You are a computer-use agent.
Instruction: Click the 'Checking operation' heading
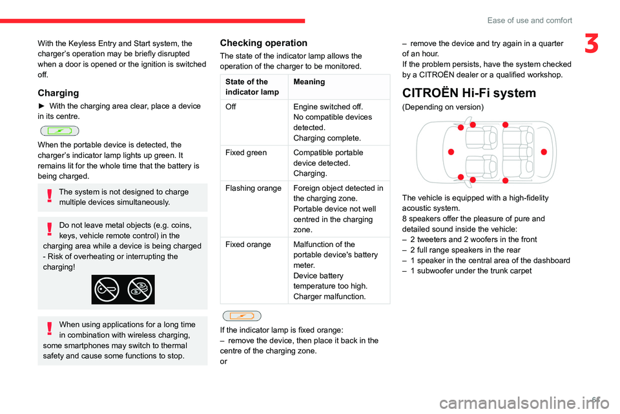pos(263,43)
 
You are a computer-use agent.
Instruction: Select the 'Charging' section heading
pos(58,93)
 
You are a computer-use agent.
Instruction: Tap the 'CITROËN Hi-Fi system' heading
pos(469,93)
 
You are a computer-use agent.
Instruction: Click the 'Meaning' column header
pos(309,82)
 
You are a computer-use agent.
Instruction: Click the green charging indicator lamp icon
pos(59,131)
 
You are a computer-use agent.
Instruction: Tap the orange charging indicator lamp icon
pos(242,316)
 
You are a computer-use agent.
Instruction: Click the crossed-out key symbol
pos(107,290)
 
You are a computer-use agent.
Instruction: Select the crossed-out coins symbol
pos(139,290)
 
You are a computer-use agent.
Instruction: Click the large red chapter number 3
pos(592,43)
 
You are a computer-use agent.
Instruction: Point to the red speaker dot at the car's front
pos(451,152)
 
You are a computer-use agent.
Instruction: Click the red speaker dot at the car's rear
pos(544,152)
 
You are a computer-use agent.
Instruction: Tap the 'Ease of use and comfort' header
pos(530,20)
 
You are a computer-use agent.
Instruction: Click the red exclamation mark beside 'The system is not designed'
pos(49,196)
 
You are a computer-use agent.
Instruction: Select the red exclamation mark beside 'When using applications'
pos(49,329)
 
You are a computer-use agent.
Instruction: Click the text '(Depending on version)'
pos(443,107)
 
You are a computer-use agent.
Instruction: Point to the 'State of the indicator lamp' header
pos(253,87)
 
